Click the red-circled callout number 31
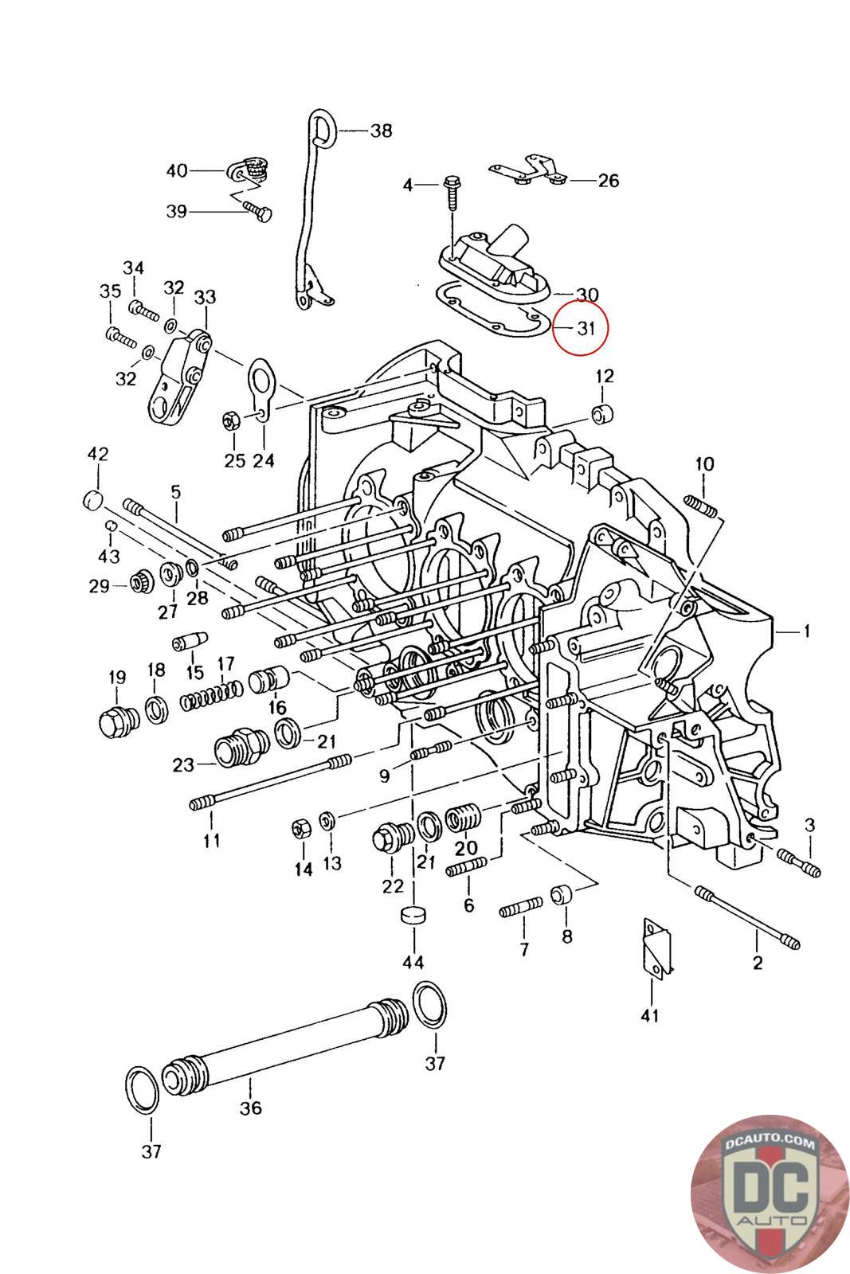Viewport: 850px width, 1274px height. [x=586, y=327]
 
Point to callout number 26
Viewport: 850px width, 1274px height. [x=608, y=181]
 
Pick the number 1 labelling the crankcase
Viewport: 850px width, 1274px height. [x=806, y=631]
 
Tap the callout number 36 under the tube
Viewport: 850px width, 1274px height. [x=251, y=1108]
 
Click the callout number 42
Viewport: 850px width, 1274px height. [x=98, y=455]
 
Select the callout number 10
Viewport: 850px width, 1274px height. [x=704, y=463]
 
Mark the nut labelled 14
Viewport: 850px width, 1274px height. [x=301, y=829]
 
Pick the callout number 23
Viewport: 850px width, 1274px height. [x=183, y=765]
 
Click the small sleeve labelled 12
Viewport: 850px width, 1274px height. [x=602, y=415]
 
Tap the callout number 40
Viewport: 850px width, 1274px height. [x=177, y=170]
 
